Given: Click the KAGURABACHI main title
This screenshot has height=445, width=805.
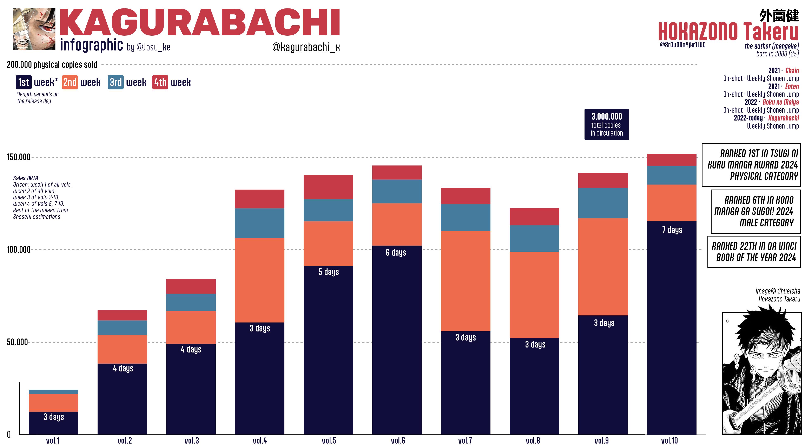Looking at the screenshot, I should click(x=199, y=22).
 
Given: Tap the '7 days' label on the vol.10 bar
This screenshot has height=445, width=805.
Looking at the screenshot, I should click(x=672, y=230).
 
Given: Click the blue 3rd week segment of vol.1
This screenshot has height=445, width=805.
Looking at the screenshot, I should click(x=53, y=392).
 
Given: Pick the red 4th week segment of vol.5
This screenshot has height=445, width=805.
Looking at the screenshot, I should click(x=328, y=187).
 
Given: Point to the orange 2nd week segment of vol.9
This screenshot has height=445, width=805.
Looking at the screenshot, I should click(x=603, y=267).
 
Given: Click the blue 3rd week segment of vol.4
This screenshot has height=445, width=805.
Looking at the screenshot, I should click(x=259, y=223).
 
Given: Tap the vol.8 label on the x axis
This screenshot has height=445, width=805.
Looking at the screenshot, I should click(x=533, y=440).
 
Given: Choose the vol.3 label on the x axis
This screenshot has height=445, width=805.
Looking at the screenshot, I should click(x=192, y=440).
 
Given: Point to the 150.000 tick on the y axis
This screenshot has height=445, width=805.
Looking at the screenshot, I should click(x=19, y=157).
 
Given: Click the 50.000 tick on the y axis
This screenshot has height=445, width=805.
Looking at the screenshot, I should click(x=18, y=342).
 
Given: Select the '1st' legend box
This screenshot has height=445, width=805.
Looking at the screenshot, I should click(x=24, y=82).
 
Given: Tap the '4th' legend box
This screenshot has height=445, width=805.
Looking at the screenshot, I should click(x=160, y=82).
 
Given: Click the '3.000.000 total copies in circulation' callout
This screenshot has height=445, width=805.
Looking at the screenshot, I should click(x=607, y=124).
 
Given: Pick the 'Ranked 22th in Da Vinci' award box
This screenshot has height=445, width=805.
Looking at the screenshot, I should click(x=754, y=252).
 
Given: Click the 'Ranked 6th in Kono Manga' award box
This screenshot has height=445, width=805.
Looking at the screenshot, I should click(x=756, y=211).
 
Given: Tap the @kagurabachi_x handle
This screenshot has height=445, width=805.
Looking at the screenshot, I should click(x=306, y=47).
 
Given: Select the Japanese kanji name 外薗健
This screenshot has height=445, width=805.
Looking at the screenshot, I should click(x=779, y=15).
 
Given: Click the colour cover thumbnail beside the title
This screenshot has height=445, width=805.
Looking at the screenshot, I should click(x=34, y=29).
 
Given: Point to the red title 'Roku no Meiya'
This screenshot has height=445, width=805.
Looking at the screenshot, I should click(x=780, y=102).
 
